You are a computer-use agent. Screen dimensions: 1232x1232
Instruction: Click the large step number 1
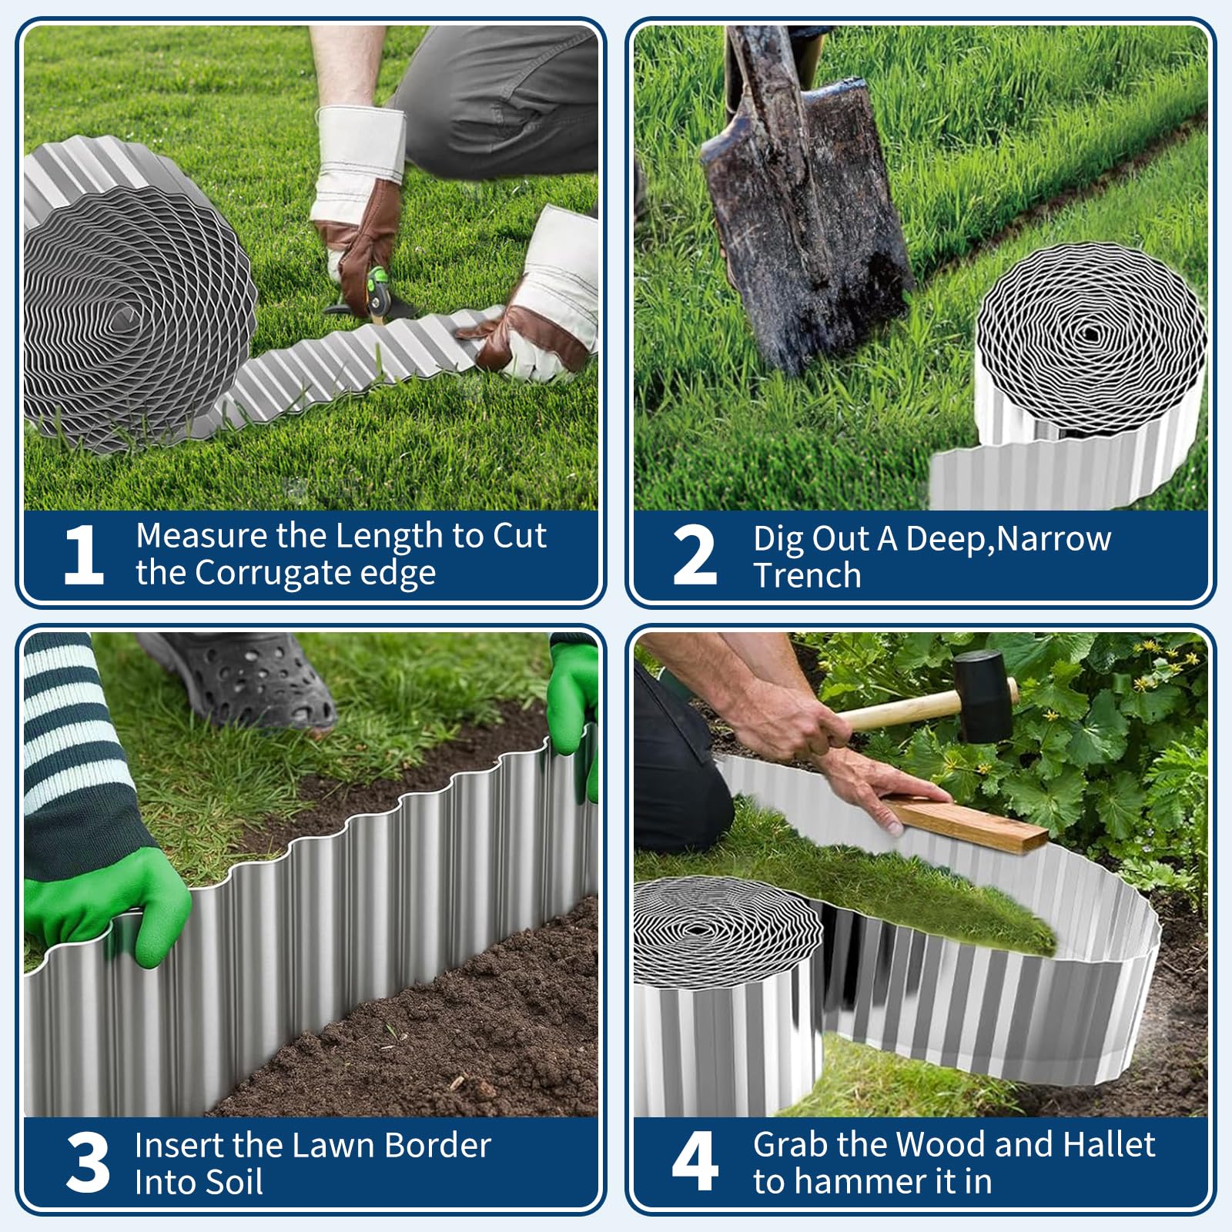85,554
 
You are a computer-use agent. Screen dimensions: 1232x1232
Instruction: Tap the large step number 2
695,554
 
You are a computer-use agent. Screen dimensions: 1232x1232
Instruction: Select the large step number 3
88,1162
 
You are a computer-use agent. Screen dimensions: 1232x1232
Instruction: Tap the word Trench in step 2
807,575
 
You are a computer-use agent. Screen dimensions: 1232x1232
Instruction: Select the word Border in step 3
437,1145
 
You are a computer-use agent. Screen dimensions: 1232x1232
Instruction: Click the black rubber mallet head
983,696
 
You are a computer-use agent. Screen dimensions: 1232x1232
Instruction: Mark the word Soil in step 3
230,1182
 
